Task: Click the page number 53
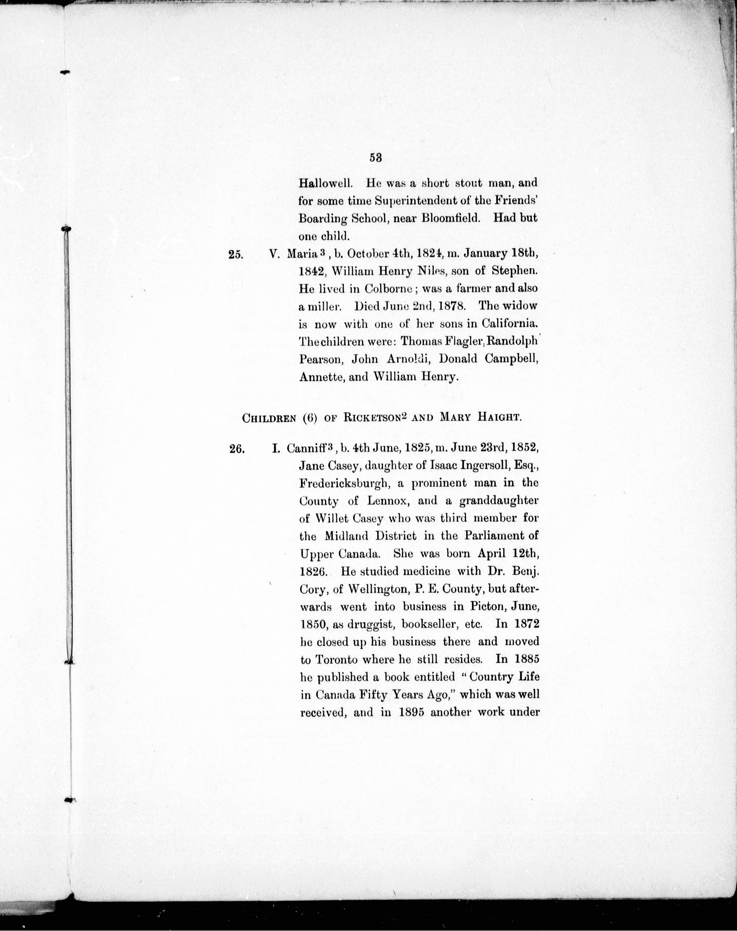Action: [375, 158]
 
